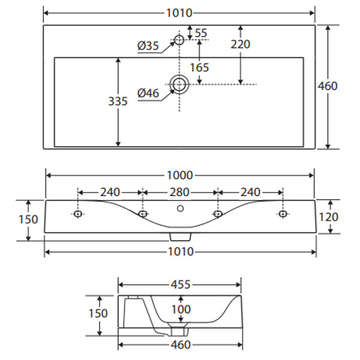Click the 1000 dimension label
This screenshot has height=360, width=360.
[x=180, y=175]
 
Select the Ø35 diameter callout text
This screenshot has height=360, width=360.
[x=148, y=46]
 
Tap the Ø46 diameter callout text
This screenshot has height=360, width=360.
[x=148, y=93]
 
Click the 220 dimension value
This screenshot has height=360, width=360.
[x=240, y=44]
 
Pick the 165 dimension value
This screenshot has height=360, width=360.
[x=199, y=67]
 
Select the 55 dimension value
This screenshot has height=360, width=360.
[x=200, y=33]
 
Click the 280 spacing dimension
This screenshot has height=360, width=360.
[x=179, y=192]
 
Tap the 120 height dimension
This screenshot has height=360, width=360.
[x=328, y=217]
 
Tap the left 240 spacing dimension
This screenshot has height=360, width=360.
[x=110, y=192]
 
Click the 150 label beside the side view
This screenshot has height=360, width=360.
[x=98, y=313]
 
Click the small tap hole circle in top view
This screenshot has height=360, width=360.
[x=179, y=40]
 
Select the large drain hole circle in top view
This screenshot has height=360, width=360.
[x=179, y=85]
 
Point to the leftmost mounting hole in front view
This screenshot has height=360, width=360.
[x=78, y=214]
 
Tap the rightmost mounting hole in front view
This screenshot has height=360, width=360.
[x=281, y=214]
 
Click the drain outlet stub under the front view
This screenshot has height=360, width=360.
[x=179, y=236]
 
